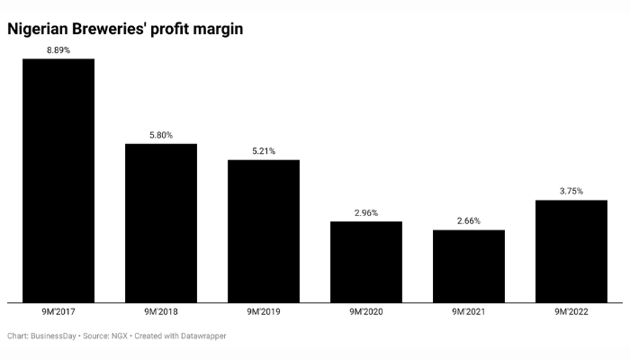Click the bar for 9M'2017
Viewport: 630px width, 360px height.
click(x=58, y=180)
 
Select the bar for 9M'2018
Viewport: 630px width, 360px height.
click(x=161, y=222)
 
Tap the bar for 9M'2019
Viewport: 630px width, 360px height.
click(x=264, y=230)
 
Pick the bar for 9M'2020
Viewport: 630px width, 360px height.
click(x=366, y=262)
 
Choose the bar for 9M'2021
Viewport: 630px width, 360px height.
click(x=469, y=265)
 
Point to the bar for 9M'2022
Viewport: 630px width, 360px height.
click(x=571, y=251)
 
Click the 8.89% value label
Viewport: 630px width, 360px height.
click(x=58, y=49)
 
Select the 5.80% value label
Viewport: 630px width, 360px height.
click(x=161, y=135)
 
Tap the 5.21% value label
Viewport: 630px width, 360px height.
click(x=264, y=151)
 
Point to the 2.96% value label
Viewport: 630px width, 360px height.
click(x=366, y=213)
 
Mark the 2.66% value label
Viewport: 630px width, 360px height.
click(x=469, y=221)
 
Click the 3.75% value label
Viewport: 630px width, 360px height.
click(x=571, y=191)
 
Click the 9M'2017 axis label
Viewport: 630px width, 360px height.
click(x=58, y=311)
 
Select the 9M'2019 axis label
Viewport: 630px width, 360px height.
click(x=264, y=311)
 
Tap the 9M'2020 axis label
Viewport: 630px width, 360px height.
click(x=366, y=311)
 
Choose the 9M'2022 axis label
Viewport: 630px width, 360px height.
click(x=571, y=311)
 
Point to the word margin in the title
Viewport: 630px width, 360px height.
click(x=213, y=30)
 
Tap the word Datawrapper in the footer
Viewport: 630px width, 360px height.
click(x=202, y=336)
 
